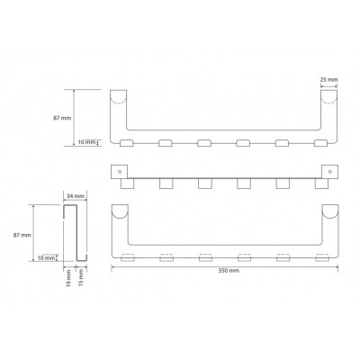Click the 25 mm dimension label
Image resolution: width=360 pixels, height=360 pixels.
coord(329,79)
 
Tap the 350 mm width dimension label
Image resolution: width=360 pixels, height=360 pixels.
coord(229,271)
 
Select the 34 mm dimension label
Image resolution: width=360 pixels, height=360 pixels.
coord(75,196)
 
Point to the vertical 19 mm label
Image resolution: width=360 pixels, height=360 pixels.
coord(68,278)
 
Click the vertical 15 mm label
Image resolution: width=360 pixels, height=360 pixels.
coord(80,277)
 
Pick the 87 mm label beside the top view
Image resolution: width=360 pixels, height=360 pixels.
coord(62,118)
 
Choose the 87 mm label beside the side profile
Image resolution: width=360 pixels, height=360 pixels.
coord(22,235)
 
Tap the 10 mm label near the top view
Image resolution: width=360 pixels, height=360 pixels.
coord(86,142)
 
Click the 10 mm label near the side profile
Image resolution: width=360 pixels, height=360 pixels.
coord(47,257)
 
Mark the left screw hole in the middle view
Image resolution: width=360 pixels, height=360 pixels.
coord(120,172)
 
